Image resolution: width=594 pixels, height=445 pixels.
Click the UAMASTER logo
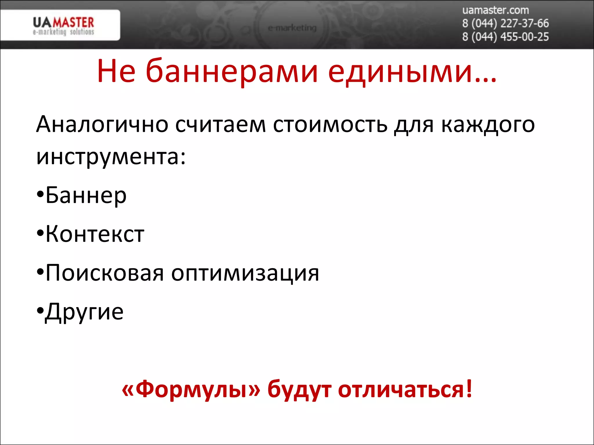(x=63, y=25)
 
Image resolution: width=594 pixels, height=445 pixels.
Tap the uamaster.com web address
(x=495, y=10)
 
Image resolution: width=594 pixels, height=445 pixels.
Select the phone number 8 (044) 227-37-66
(x=505, y=23)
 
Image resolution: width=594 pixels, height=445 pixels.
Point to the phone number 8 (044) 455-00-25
(x=505, y=37)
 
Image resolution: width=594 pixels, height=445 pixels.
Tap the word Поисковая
(x=104, y=273)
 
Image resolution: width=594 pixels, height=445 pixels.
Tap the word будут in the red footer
(x=299, y=390)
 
